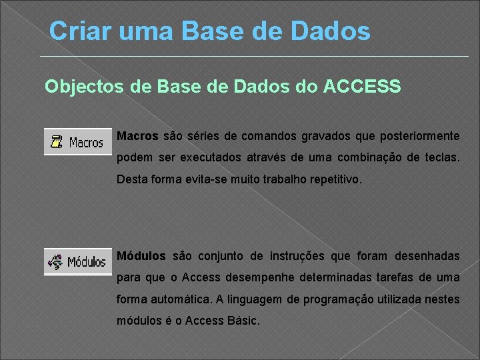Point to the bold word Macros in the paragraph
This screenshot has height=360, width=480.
[137, 136]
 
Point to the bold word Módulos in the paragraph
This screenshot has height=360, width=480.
[141, 256]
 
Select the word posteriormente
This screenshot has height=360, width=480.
[419, 136]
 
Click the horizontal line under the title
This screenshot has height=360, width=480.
[253, 56]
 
